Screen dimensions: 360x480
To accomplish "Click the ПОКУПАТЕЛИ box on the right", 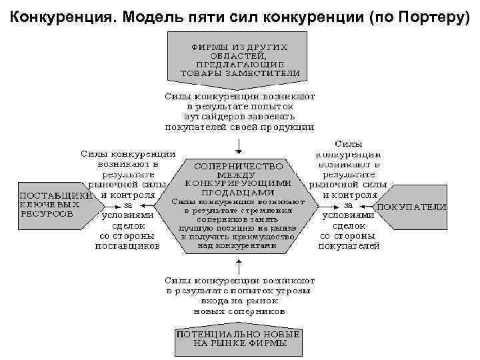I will (x=411, y=207).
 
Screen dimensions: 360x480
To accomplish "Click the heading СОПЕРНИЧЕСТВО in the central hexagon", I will (x=239, y=165).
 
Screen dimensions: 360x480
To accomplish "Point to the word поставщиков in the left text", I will (x=127, y=245).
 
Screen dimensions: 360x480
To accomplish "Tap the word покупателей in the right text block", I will (x=349, y=245).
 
